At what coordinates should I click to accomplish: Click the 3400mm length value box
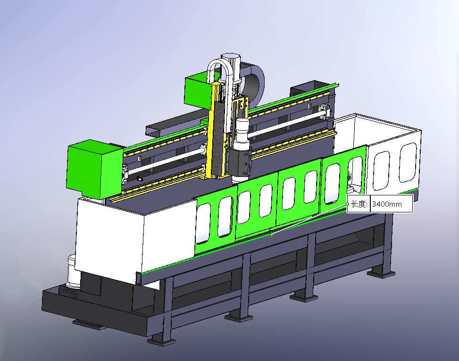(392, 204)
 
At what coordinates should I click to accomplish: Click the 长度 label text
(359, 204)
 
